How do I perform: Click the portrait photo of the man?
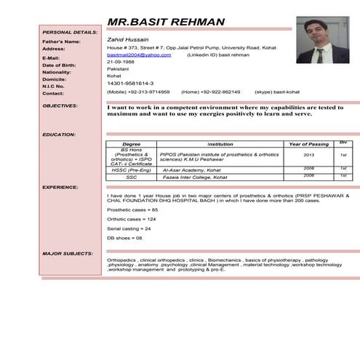coord(321,40)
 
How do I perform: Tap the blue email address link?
coord(139,55)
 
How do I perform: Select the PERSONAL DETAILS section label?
coord(70,32)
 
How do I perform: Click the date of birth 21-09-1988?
coord(120,62)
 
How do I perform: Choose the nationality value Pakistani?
coord(119,69)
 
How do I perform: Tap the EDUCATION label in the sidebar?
coord(60,135)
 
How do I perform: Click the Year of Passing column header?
coord(309,144)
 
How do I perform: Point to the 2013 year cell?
coord(308,154)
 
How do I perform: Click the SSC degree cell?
coord(132,177)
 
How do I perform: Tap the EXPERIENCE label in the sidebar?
coord(60,187)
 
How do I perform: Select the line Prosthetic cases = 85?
coord(132,209)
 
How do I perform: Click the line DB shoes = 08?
coord(124,238)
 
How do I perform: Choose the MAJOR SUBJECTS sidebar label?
coord(68,253)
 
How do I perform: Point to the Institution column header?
coord(220,144)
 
